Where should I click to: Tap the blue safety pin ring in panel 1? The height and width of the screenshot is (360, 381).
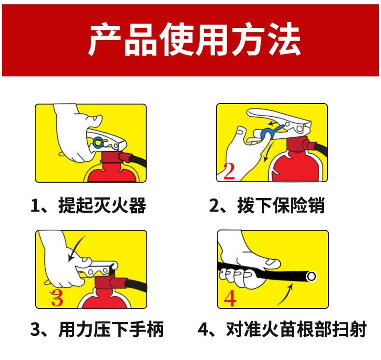click(98, 142)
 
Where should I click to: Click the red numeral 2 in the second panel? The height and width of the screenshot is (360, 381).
click(229, 172)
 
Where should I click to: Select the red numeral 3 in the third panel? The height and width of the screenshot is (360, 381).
click(57, 298)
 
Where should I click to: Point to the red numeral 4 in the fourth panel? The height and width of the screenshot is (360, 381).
click(231, 298)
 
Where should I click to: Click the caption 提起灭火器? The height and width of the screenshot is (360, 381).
click(88, 206)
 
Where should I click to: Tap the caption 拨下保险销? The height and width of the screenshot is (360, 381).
click(267, 206)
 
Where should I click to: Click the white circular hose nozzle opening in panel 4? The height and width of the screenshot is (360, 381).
click(312, 277)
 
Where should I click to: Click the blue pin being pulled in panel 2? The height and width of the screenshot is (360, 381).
click(267, 132)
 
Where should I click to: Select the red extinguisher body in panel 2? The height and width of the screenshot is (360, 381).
click(294, 166)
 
